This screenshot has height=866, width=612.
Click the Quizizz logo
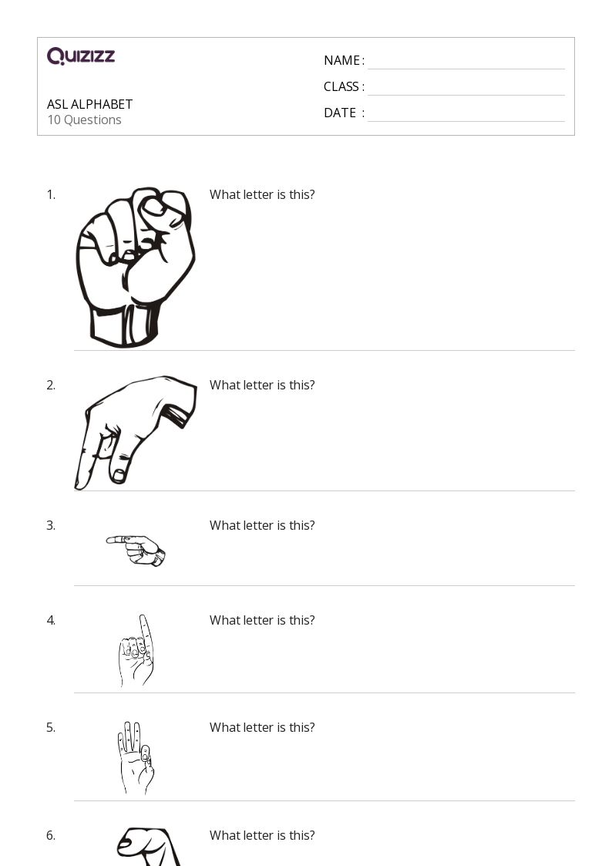tap(81, 56)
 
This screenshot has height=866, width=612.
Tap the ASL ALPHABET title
tap(90, 104)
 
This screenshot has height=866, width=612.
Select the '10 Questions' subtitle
tap(85, 120)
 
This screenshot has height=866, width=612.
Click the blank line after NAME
tap(466, 69)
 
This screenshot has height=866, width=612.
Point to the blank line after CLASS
tap(466, 95)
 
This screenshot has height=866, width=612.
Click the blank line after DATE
tap(466, 121)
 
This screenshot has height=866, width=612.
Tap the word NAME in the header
tap(341, 61)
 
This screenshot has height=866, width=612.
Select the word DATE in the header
tap(340, 113)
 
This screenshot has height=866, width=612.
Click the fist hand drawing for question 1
tap(135, 268)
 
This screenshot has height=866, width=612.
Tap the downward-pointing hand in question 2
tap(135, 433)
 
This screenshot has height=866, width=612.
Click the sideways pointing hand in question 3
tap(136, 551)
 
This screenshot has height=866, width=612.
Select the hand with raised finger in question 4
tap(136, 651)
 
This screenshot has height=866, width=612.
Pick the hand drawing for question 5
tap(135, 758)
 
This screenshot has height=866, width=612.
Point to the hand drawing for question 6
tap(149, 847)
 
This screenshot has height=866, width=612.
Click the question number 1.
tap(51, 194)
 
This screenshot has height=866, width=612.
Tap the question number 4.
tap(51, 620)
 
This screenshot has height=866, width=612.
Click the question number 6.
tap(51, 835)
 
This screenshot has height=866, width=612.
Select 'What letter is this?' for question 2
tap(262, 385)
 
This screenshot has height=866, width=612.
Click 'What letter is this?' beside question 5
tap(262, 727)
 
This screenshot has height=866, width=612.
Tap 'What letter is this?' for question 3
tap(262, 525)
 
